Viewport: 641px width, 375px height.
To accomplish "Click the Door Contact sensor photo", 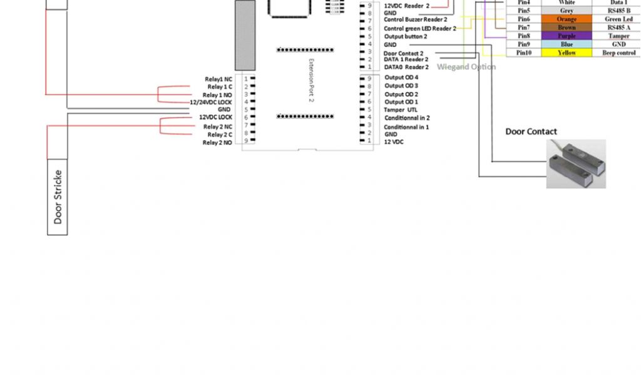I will pyautogui.click(x=576, y=164).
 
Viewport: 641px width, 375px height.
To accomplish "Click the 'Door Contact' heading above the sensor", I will pyautogui.click(x=531, y=131).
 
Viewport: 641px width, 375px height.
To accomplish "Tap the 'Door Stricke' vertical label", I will pyautogui.click(x=58, y=196).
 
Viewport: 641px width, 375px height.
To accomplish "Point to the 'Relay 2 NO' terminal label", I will pyautogui.click(x=217, y=142).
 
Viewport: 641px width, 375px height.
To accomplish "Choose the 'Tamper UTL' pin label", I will pyautogui.click(x=401, y=109).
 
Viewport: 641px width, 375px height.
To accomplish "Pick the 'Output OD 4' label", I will pyautogui.click(x=401, y=77).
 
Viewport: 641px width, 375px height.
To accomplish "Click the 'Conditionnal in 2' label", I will pyautogui.click(x=407, y=117).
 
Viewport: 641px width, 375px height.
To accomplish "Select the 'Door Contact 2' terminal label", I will pyautogui.click(x=403, y=53).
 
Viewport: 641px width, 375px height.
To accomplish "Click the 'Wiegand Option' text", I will pyautogui.click(x=466, y=67).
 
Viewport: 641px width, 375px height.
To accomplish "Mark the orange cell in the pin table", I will pyautogui.click(x=567, y=19).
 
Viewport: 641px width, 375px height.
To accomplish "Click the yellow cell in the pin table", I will pyautogui.click(x=567, y=53).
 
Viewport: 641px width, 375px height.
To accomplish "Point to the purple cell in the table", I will pyautogui.click(x=567, y=36).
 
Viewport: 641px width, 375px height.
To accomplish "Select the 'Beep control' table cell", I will pyautogui.click(x=618, y=53).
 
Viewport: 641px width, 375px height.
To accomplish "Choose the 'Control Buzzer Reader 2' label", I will pyautogui.click(x=415, y=20).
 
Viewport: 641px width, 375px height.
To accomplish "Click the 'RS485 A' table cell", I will pyautogui.click(x=618, y=27).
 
